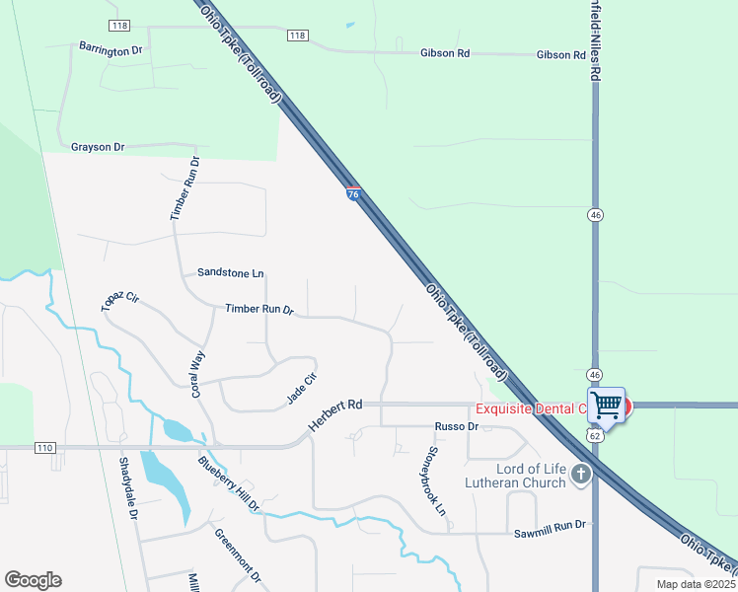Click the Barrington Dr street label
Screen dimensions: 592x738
coord(111,49)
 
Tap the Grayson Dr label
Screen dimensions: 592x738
coord(98,147)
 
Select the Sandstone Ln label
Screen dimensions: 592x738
coord(231,272)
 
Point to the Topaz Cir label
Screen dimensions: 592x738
coord(120,302)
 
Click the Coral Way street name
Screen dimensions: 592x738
coord(198,374)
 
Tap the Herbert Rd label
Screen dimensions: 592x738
coord(336,418)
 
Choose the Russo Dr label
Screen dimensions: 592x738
coord(457,427)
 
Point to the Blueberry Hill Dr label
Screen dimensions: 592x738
coord(228,483)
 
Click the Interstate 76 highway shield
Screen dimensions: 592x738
coord(353,193)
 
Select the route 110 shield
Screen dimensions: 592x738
coord(44,448)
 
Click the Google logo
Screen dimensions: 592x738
coord(33,580)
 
